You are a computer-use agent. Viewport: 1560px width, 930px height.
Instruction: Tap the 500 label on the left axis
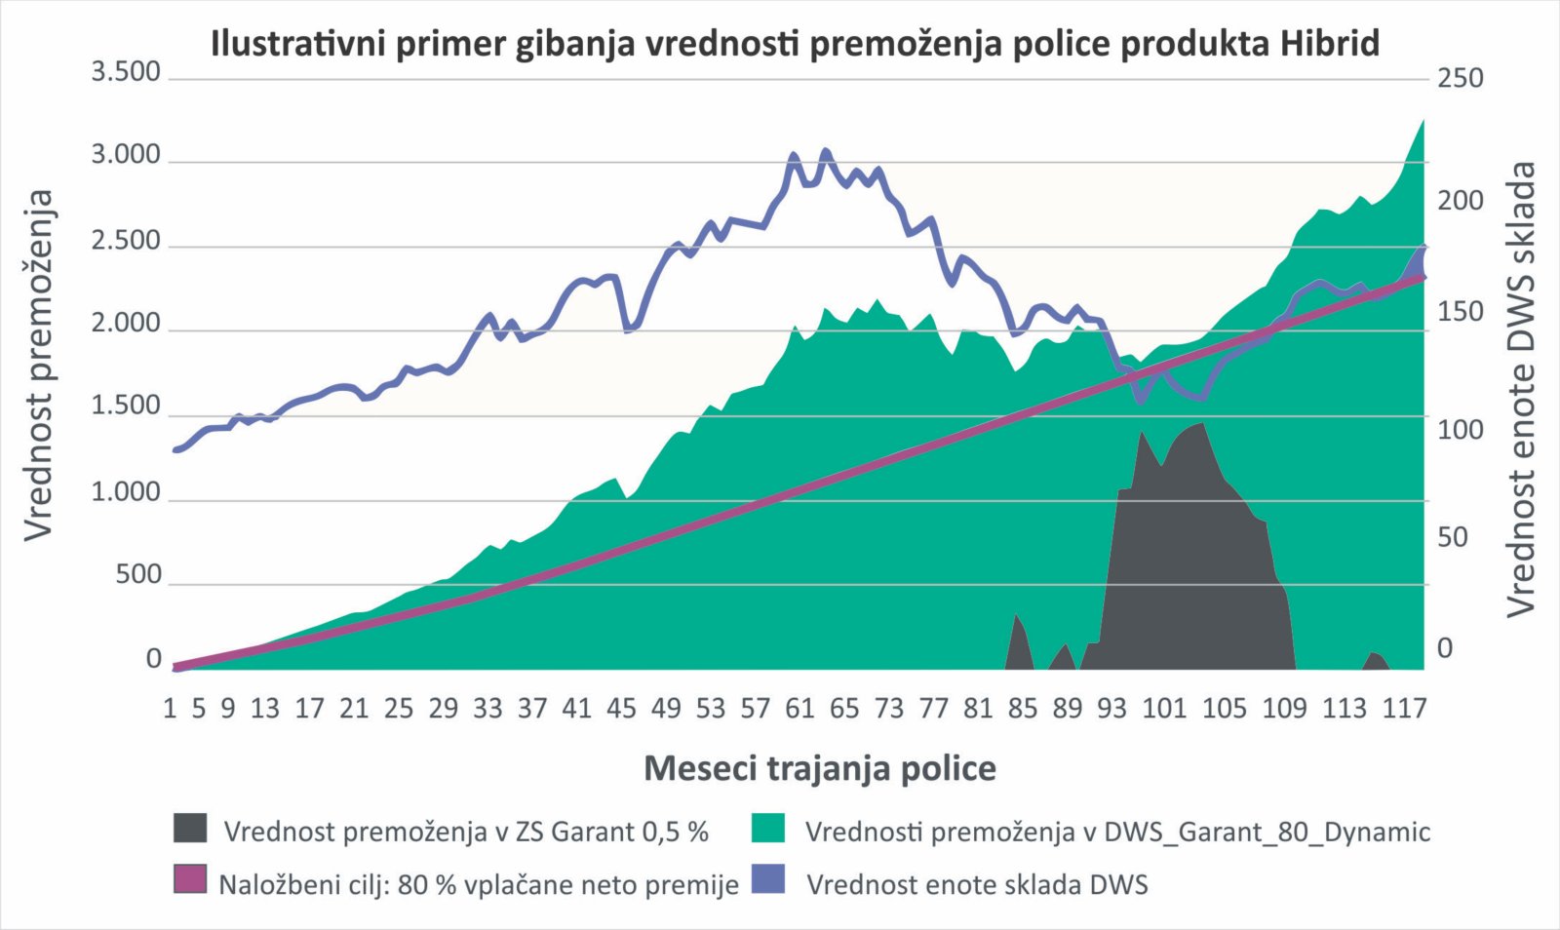tap(138, 574)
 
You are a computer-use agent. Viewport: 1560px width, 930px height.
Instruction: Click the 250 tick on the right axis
tap(1460, 78)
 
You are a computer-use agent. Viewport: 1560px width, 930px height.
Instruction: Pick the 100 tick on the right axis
tap(1460, 429)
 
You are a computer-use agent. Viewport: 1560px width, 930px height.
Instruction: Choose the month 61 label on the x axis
tap(799, 708)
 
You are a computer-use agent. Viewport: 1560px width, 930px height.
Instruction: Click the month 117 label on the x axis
tap(1404, 708)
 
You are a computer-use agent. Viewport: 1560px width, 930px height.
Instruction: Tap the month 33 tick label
tap(487, 708)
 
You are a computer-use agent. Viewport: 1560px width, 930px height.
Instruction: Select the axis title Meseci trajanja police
tap(820, 768)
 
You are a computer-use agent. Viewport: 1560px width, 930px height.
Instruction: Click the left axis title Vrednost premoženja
tap(39, 363)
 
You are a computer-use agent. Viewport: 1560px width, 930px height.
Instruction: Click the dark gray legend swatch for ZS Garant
tap(190, 829)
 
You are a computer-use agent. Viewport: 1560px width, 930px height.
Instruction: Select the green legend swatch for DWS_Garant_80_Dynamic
tap(768, 829)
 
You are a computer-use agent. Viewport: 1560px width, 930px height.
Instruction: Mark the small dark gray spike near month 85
tap(1016, 616)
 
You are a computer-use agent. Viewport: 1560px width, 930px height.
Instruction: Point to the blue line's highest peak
tap(825, 151)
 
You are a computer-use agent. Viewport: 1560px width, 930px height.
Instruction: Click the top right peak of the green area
tap(1423, 121)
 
